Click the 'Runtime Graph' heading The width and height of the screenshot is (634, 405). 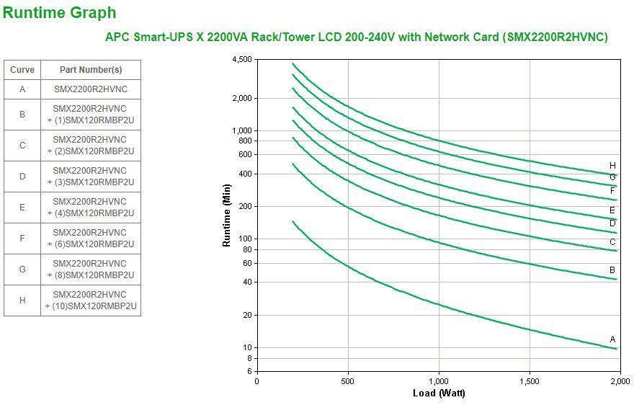[60, 12]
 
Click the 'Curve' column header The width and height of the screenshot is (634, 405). [22, 70]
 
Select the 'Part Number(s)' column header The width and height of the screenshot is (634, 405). [90, 70]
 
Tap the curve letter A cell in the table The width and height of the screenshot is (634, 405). [22, 89]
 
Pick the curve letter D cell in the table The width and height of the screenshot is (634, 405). [22, 176]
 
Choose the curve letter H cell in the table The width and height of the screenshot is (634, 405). [22, 301]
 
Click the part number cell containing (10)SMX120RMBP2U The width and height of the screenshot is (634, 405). [90, 301]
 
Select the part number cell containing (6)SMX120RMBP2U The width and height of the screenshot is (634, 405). [90, 239]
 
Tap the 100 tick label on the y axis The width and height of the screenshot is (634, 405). [245, 239]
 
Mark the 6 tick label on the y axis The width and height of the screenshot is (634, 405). [249, 371]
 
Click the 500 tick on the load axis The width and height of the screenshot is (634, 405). [348, 381]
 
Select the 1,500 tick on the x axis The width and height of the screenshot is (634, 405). [530, 381]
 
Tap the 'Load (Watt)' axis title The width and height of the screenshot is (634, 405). [439, 393]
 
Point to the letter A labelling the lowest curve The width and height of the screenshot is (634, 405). [612, 339]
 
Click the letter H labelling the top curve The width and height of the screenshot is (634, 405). [612, 165]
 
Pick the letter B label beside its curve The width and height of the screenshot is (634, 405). [612, 270]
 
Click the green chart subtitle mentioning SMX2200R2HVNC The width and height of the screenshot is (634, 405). [357, 37]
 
